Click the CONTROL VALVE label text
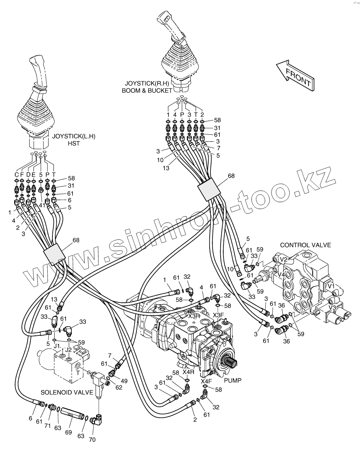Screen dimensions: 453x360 pos(305,245)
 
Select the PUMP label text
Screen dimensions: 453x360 pos(233,381)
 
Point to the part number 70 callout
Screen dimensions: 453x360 pos(92,440)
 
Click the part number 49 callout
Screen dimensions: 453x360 pos(124,381)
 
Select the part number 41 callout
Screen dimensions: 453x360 pos(42,205)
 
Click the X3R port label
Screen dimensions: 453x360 pos(194,315)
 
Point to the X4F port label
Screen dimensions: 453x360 pos(206,381)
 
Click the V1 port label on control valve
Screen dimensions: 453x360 pos(331,286)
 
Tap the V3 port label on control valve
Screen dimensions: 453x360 pos(332,307)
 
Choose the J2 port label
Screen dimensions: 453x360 pos(68,350)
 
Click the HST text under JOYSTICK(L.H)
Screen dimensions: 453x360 pos(74,143)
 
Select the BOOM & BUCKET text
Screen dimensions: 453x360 pos(146,90)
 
